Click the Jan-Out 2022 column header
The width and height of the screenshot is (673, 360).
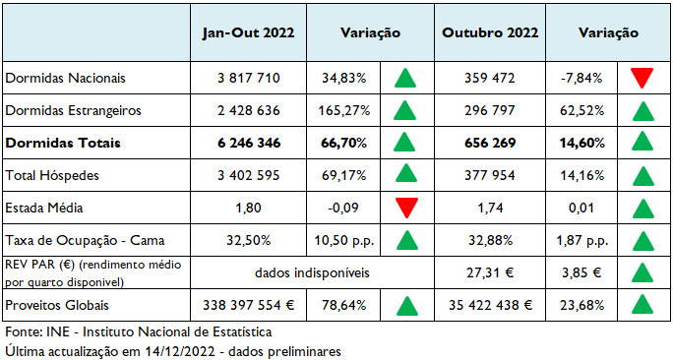pyautogui.click(x=249, y=32)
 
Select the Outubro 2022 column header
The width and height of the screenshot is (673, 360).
pyautogui.click(x=490, y=32)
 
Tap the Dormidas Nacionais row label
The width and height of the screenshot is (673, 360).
pyautogui.click(x=66, y=77)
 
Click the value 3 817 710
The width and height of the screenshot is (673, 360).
pyautogui.click(x=249, y=77)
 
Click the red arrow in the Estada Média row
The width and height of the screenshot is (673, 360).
pyautogui.click(x=403, y=208)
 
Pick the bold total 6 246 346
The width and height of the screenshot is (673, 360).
pyautogui.click(x=249, y=143)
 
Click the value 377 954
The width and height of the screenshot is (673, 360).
pyautogui.click(x=490, y=175)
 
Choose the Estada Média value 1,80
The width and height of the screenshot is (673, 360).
pyautogui.click(x=249, y=208)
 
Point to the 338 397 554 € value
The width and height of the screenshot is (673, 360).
pyautogui.click(x=249, y=305)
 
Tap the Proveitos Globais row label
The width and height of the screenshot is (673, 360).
pyautogui.click(x=58, y=305)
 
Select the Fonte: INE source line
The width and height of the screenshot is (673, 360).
pyautogui.click(x=138, y=331)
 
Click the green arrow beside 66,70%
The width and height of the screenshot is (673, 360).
pyautogui.click(x=403, y=143)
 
